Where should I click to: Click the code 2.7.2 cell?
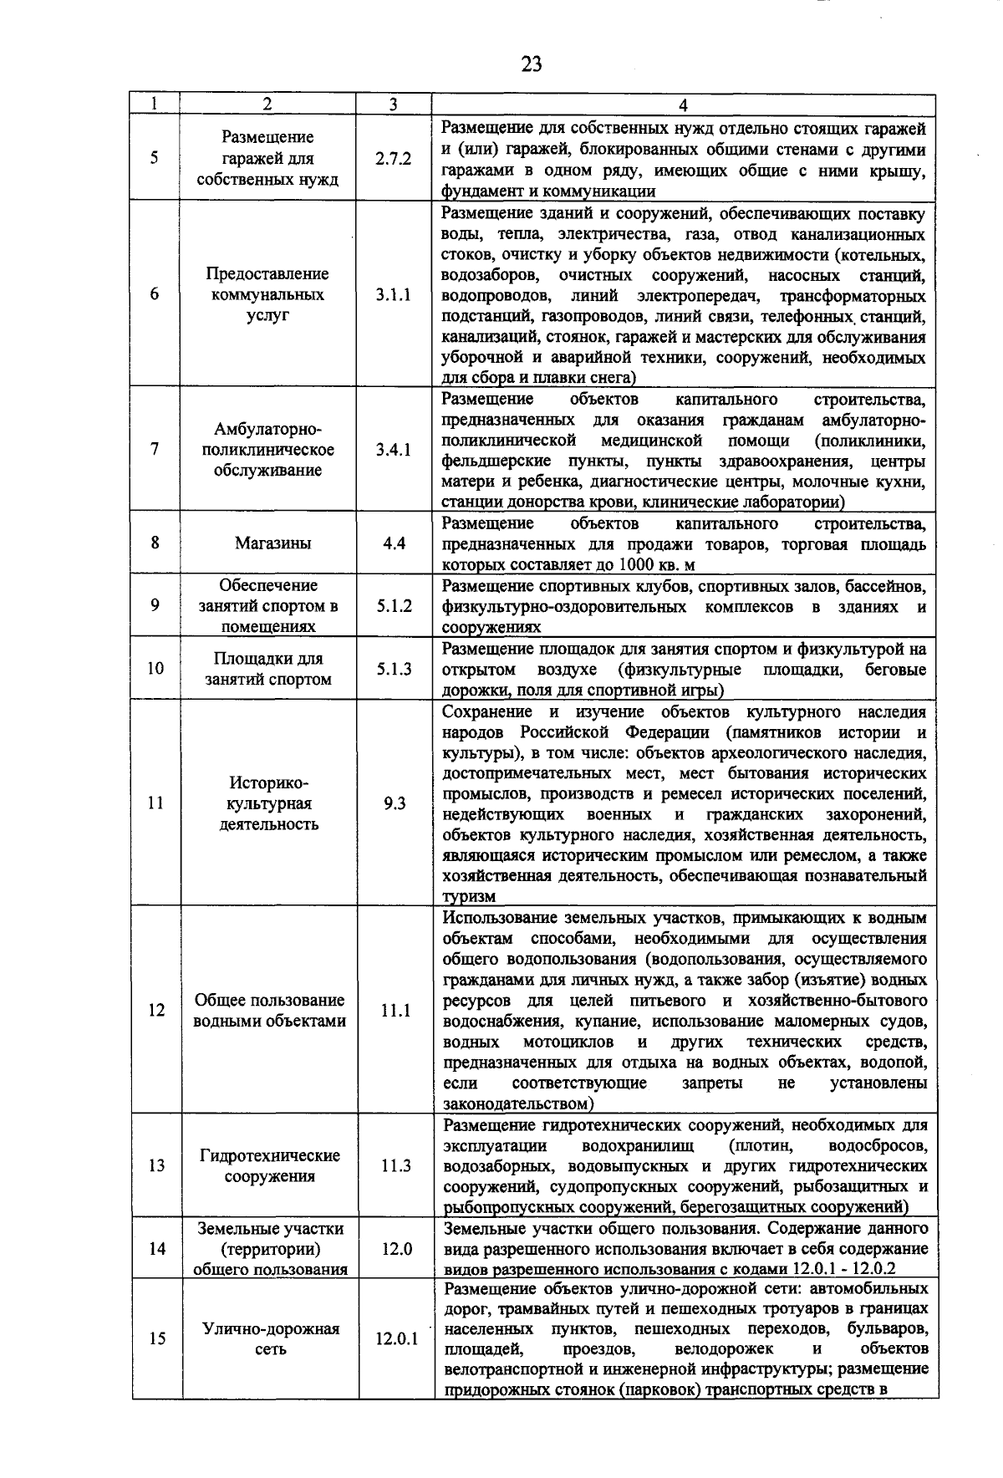click(x=393, y=159)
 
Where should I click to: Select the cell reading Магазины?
click(x=272, y=543)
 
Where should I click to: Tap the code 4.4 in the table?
click(x=394, y=543)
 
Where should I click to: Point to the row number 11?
click(x=155, y=803)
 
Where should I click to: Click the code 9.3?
click(x=394, y=803)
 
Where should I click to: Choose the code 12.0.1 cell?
click(x=396, y=1339)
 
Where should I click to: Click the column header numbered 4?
click(x=683, y=105)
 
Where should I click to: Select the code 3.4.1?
click(x=393, y=450)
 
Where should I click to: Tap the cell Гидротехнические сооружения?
click(x=269, y=1166)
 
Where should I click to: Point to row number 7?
click(x=155, y=450)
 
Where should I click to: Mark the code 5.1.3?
click(x=394, y=669)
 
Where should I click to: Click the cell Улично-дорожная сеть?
click(x=271, y=1339)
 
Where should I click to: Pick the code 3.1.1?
click(x=393, y=295)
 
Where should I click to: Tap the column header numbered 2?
click(x=267, y=105)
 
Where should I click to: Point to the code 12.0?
click(x=397, y=1249)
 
